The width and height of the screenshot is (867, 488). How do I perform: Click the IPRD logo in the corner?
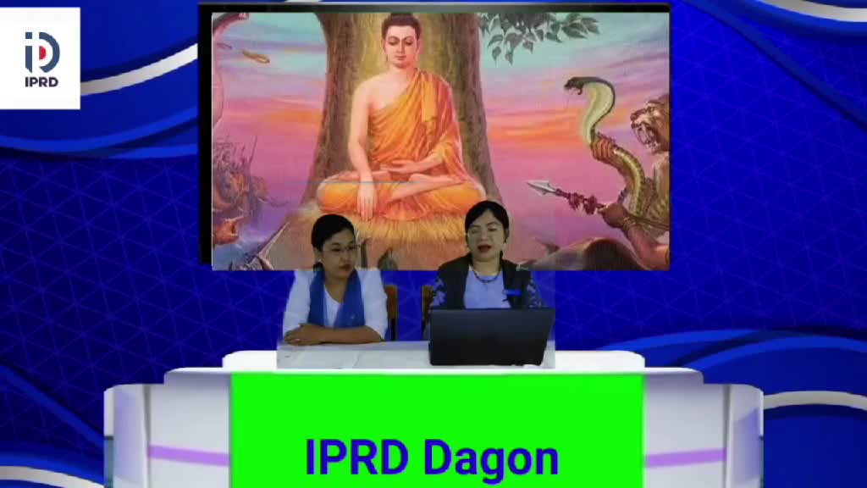point(41,58)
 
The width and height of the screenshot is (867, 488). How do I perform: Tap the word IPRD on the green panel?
point(356,457)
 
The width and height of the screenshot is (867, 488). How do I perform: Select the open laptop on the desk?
point(490,336)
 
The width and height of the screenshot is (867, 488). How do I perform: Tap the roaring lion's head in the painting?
point(651,126)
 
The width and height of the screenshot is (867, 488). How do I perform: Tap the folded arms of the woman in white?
point(333,334)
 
